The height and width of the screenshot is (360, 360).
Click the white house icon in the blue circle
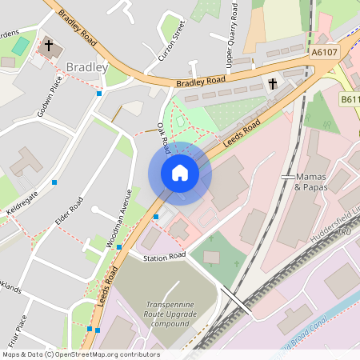[x=179, y=172]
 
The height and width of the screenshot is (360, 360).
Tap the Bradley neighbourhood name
[x=87, y=68]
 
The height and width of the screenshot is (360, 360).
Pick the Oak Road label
[x=163, y=138]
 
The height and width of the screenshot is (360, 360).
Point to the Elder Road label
[x=70, y=210]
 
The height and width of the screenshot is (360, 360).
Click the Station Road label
[x=164, y=256]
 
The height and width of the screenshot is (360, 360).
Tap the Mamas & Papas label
[x=311, y=181]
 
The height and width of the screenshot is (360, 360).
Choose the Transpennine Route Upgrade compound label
[x=181, y=314]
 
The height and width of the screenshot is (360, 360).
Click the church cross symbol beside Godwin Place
[x=47, y=46]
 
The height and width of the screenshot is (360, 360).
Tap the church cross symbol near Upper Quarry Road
[x=273, y=83]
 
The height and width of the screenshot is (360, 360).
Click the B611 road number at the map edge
[x=350, y=100]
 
